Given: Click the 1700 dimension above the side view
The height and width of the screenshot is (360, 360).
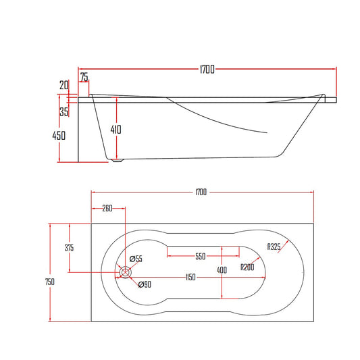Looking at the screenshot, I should click(207, 69).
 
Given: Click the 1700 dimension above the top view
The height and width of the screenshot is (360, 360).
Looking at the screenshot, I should click(200, 192).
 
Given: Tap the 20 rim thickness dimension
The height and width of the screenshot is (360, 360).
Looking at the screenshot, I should click(63, 85).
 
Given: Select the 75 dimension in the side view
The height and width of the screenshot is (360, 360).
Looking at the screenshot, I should click(84, 78).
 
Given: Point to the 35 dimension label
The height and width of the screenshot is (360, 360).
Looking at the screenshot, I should click(63, 112).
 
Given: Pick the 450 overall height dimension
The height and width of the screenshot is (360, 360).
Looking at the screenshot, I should click(59, 136).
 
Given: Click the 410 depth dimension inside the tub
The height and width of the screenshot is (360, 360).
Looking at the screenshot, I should click(117, 129).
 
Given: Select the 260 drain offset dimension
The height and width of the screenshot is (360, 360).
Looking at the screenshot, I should click(107, 208).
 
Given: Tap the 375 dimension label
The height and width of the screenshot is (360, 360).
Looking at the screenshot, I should click(69, 247).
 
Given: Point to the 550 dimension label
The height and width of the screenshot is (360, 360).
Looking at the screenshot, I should click(200, 257).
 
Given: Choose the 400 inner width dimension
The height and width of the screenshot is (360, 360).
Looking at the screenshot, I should click(222, 270).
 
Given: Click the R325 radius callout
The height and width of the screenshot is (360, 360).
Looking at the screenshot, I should click(274, 247).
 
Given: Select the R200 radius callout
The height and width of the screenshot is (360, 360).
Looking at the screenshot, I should click(248, 267).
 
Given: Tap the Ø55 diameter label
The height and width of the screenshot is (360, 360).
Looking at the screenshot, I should click(135, 259).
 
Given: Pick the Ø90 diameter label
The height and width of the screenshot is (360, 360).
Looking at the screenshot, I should click(144, 284).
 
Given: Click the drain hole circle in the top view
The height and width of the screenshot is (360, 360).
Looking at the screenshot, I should click(126, 272).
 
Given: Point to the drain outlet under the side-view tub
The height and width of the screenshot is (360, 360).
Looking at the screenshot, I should click(120, 160).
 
